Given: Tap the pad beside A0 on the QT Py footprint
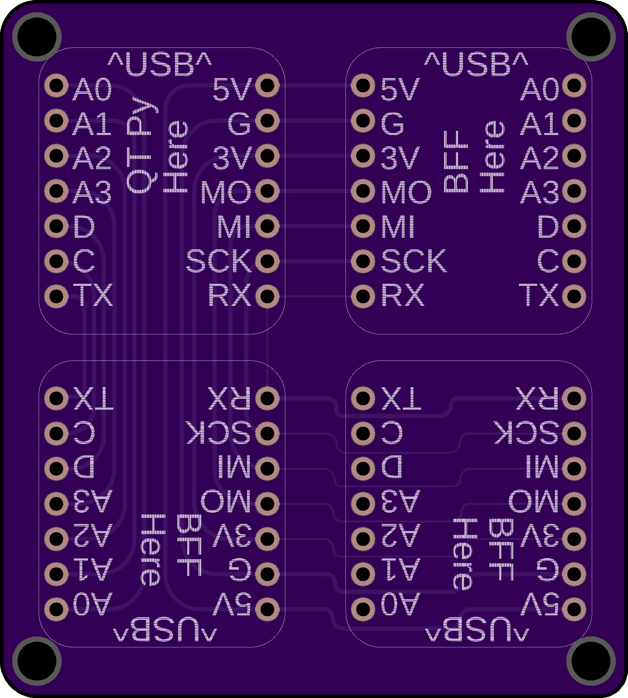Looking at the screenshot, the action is pos(56,85).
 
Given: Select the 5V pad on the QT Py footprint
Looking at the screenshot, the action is pos(267,85).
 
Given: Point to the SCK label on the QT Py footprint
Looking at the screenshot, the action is pos(219,261).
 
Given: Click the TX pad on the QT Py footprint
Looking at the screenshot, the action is pos(56,296).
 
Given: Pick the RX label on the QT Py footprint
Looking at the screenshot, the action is pos(230,295).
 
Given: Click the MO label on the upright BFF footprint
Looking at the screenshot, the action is pos(406,192).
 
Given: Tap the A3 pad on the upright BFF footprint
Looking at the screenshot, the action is pos(574,191).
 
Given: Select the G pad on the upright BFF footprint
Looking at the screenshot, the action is pos(363,121).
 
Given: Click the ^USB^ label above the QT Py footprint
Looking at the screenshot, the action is pos(160,64).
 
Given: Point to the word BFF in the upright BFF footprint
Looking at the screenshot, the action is pos(456,161).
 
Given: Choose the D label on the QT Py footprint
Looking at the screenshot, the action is pos(84,226).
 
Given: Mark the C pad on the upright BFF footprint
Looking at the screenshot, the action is pos(574,261).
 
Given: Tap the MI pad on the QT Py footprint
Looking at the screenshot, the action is pos(267,226).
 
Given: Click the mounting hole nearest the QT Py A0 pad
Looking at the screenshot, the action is pos(37,37).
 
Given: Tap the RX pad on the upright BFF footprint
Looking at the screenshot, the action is pos(363,296).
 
